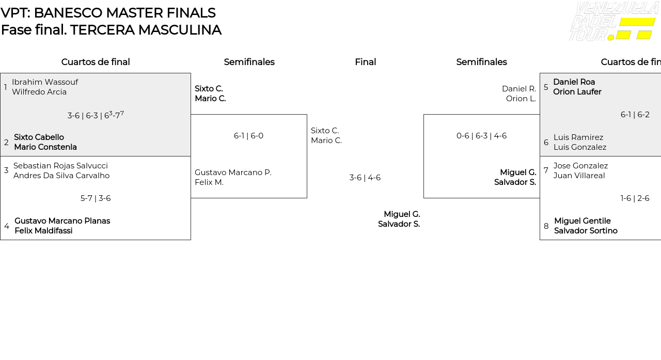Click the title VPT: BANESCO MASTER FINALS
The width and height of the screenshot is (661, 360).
108,13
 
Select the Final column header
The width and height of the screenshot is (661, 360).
365,62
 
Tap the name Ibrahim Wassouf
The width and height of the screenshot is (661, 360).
45,82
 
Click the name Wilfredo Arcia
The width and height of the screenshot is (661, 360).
39,92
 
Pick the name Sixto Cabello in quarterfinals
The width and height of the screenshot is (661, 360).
39,137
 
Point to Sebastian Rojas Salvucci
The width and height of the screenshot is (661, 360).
60,166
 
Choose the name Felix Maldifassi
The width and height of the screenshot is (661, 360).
43,231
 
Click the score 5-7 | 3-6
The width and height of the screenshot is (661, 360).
96,198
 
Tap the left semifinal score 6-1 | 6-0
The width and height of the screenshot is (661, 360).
248,136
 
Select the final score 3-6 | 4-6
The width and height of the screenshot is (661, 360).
365,178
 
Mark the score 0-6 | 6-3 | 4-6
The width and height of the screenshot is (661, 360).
481,136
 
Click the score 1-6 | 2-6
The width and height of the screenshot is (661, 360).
635,198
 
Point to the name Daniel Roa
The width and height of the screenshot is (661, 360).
574,82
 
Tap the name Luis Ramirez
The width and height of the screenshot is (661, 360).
578,137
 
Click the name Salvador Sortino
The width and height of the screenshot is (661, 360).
586,231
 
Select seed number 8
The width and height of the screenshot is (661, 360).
546,226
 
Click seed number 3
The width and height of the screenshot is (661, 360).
6,170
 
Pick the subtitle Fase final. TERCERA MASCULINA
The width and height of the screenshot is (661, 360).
111,30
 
